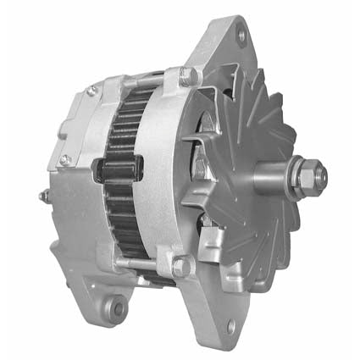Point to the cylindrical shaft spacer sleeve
point(275,180)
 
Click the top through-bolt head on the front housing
point(189,76)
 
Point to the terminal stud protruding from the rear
point(42,196)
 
